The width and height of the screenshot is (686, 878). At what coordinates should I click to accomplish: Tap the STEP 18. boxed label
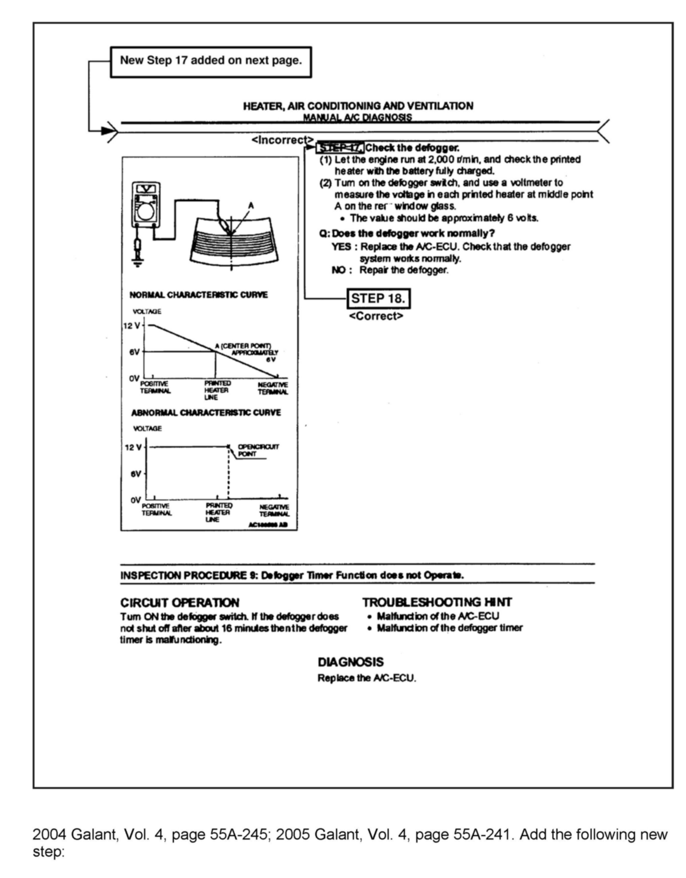coord(378,298)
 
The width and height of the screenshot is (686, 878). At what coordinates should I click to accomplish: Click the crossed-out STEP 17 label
coord(340,148)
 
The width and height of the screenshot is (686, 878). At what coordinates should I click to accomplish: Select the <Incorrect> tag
coord(282,140)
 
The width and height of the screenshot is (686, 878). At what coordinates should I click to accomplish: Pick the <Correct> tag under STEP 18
coord(376,316)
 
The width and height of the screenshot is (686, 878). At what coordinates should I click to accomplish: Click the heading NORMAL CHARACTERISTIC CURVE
coord(198,295)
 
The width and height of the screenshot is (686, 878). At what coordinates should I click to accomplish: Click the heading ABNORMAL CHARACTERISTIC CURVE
coord(206,412)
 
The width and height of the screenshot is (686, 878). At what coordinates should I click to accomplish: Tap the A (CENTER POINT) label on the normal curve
coord(243,346)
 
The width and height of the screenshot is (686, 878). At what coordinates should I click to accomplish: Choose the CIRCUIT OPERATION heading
coord(180,603)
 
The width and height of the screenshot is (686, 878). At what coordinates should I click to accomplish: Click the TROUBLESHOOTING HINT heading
coord(437,602)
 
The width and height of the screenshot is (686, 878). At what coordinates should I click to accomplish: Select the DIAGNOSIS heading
coord(351,662)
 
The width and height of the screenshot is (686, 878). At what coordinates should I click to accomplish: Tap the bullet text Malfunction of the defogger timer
coord(450,628)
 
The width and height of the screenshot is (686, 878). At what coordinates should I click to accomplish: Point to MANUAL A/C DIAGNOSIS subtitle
coord(357,117)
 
